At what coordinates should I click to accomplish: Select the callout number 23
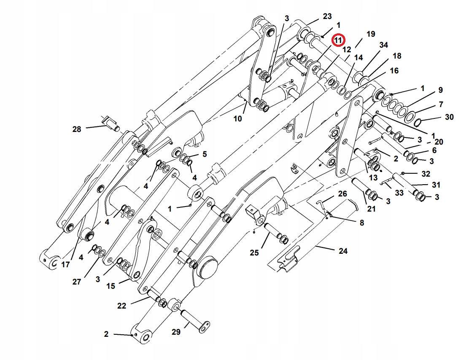click(x=327, y=16)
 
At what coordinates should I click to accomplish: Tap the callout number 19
click(x=370, y=34)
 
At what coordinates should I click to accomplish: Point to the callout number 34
click(x=383, y=45)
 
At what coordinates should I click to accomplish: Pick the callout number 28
click(x=76, y=129)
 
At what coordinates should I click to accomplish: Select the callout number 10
click(x=238, y=119)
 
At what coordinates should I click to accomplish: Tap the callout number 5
click(x=205, y=154)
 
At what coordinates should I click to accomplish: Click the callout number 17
click(x=65, y=265)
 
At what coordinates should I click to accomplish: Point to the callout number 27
click(x=76, y=282)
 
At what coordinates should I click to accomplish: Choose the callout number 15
click(x=111, y=286)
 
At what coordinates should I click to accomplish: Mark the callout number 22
click(x=121, y=306)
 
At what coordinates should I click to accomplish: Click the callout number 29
click(x=176, y=332)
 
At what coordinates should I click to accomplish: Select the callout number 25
click(x=254, y=253)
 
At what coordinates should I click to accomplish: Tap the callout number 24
click(x=343, y=251)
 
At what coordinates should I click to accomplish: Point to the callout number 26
click(x=342, y=194)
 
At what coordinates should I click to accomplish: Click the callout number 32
click(x=426, y=174)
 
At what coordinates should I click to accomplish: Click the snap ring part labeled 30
click(x=418, y=122)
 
